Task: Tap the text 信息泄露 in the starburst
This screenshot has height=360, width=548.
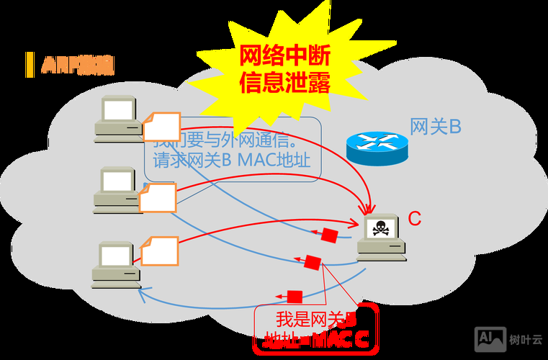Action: click(x=284, y=84)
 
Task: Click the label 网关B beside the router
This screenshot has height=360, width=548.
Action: click(x=435, y=127)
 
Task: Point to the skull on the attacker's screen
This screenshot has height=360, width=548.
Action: click(x=380, y=229)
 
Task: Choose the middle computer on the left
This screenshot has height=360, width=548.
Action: click(x=117, y=189)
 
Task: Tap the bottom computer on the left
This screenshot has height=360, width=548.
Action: click(x=115, y=265)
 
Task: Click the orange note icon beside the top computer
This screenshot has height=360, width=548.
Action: click(x=160, y=127)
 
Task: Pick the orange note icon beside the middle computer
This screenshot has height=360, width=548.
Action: click(x=158, y=197)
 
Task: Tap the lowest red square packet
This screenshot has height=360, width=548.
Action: click(x=294, y=297)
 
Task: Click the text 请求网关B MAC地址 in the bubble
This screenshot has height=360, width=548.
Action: click(x=232, y=160)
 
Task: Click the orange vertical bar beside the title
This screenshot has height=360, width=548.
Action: click(x=30, y=65)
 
